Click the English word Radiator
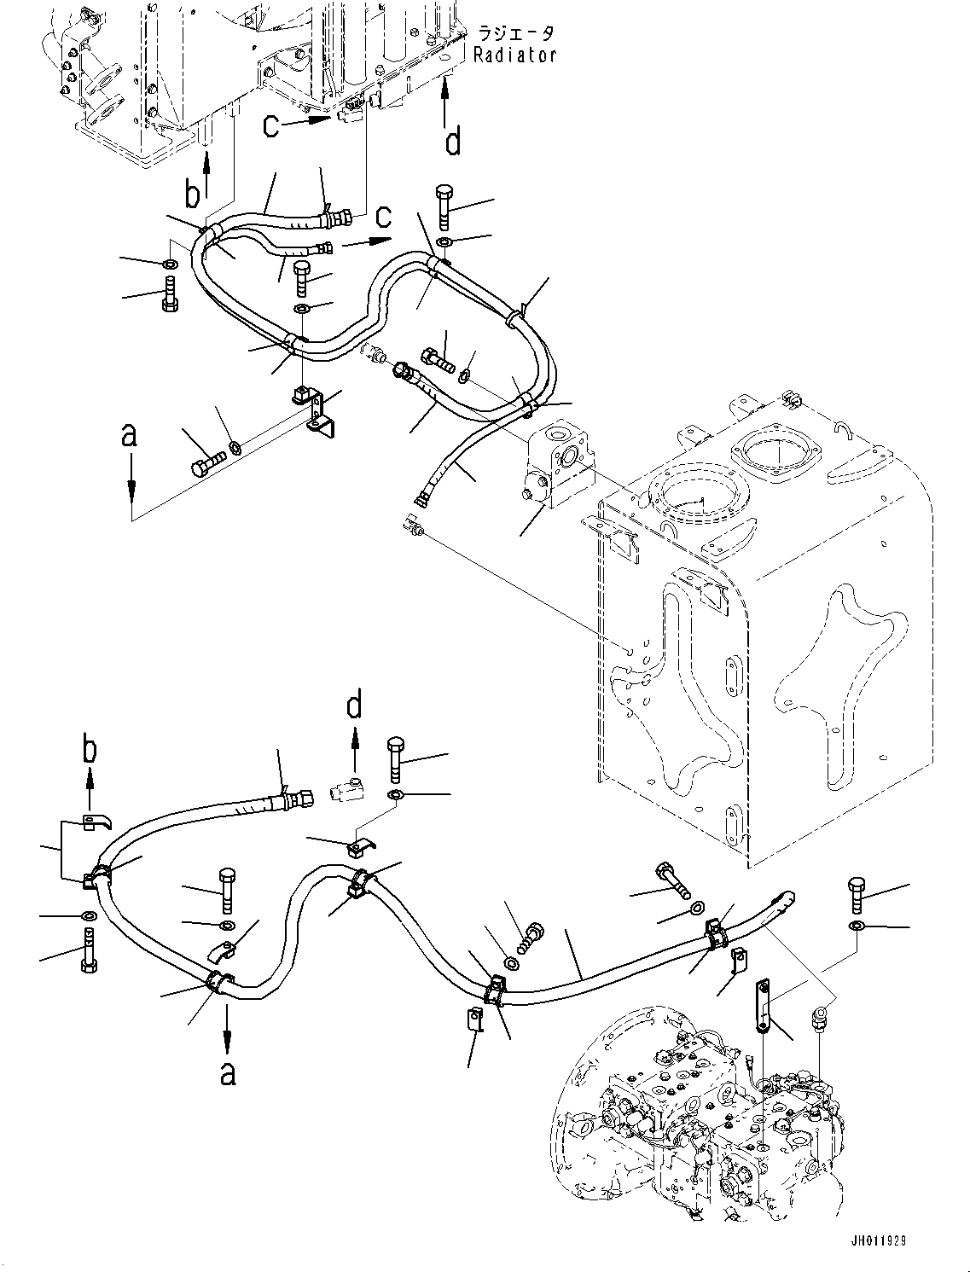516,55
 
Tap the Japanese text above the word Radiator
516,34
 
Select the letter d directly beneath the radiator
453,140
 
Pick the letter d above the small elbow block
353,706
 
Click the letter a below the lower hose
227,1072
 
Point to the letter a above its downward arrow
130,437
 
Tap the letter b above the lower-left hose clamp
90,751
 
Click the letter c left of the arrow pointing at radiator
271,126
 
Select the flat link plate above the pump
762,1007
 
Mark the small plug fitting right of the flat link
820,1017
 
